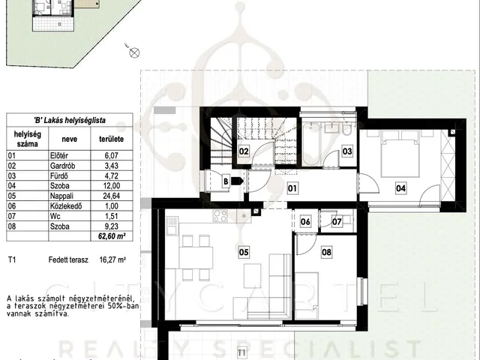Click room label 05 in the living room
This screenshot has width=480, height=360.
244,252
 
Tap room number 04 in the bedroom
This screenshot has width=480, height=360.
400,188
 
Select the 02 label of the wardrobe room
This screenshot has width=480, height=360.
244,151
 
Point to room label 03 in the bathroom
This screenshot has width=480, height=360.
347,151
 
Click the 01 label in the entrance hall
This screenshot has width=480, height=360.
292,188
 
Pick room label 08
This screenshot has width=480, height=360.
326,252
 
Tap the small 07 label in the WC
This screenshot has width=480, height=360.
337,221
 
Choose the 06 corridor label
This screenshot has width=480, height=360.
305,221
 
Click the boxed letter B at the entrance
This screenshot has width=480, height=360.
226,181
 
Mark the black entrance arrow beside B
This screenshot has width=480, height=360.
237,181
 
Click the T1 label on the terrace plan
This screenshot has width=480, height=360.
241,352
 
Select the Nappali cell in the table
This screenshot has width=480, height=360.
61,196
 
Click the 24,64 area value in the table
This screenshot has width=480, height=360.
112,196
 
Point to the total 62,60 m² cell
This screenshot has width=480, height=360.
112,236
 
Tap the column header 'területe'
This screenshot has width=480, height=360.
112,139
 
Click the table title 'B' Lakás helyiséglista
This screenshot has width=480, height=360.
70,120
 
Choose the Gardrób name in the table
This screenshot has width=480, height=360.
62,166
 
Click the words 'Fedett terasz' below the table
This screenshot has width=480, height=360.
68,260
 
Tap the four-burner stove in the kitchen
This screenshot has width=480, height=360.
220,216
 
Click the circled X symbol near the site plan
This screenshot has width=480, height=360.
134,53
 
